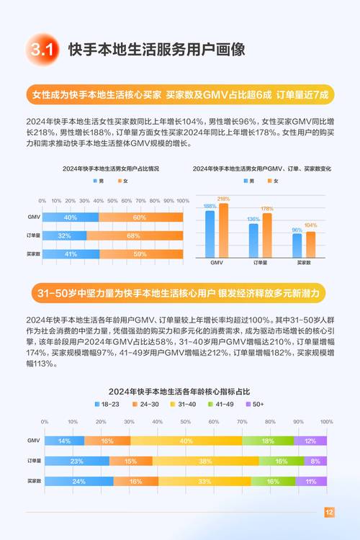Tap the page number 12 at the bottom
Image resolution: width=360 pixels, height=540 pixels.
329,513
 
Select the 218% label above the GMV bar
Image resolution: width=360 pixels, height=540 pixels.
223,199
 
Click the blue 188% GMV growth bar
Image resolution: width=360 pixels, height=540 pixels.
210,234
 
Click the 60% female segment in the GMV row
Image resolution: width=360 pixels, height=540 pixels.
139,217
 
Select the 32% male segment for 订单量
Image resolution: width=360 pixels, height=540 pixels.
64,235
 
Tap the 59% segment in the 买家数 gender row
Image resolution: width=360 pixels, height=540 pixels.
140,253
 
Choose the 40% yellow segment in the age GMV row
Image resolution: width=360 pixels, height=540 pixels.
186,441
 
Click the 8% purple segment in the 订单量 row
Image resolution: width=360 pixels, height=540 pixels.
315,461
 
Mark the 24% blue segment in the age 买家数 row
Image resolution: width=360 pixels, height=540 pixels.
78,481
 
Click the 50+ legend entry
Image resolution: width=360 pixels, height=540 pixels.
255,404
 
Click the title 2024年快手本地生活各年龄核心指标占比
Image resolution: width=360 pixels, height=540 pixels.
179,391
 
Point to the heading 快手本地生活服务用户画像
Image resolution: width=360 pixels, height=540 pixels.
156,50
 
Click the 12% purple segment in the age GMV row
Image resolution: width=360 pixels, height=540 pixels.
310,441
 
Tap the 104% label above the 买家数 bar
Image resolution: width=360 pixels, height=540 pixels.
310,225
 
